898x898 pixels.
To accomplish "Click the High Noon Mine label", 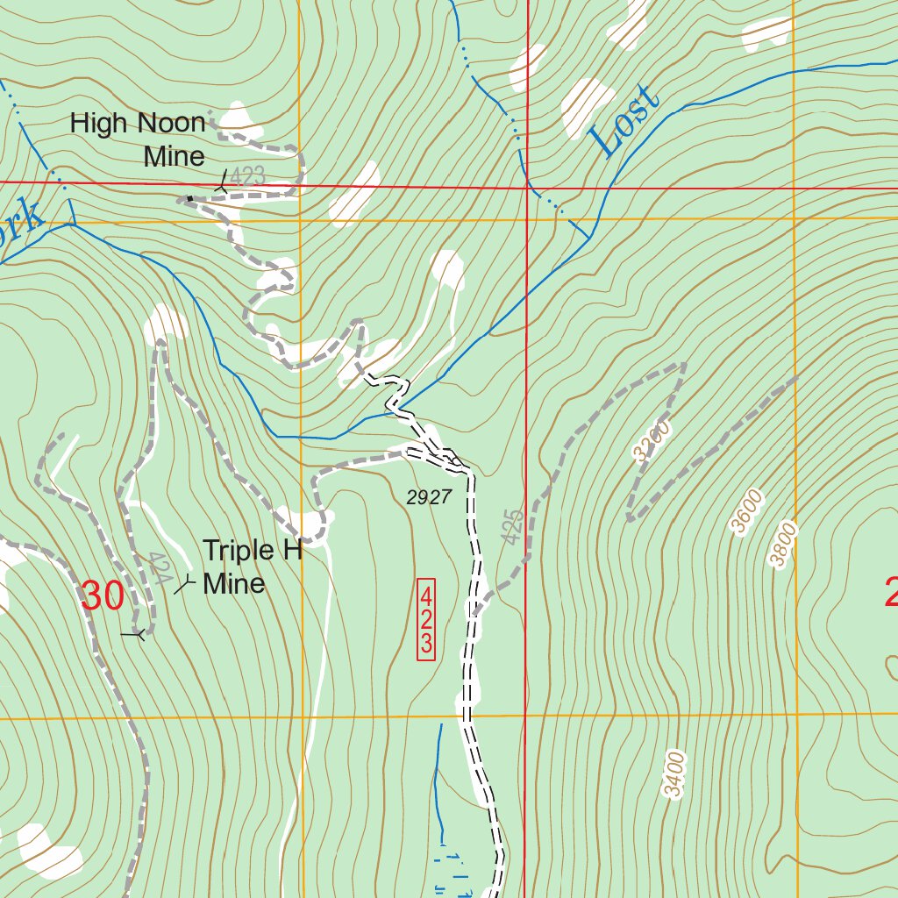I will click(x=138, y=139).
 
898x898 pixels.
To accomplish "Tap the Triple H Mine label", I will click(x=252, y=567).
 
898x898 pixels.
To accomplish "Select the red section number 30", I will click(x=102, y=596).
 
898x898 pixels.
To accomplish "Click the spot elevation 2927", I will click(x=429, y=498).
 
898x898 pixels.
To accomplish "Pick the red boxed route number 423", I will click(x=426, y=619).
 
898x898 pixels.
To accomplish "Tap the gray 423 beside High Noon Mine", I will click(x=248, y=176).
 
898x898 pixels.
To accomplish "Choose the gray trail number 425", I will click(x=515, y=526).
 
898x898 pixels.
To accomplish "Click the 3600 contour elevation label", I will click(x=746, y=511).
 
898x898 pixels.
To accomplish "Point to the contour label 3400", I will click(x=673, y=774).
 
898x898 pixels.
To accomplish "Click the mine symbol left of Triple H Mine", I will click(x=184, y=585).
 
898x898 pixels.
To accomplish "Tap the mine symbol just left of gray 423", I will click(x=222, y=182).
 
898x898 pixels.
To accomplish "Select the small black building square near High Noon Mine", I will click(x=189, y=199).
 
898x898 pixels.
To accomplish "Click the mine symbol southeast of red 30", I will click(x=134, y=633).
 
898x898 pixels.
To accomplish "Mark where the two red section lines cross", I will click(x=526, y=187).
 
